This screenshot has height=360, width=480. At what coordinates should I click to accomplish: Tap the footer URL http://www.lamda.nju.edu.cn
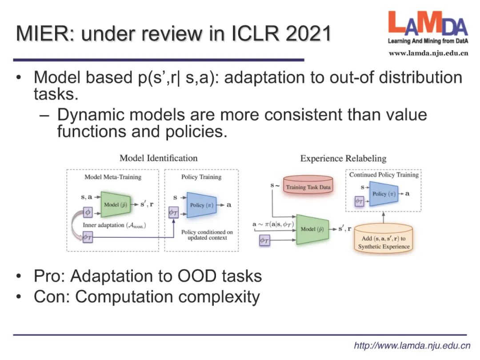click(412, 345)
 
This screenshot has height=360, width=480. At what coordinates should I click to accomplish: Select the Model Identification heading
click(159, 158)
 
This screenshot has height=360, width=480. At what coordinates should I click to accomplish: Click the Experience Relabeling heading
click(343, 159)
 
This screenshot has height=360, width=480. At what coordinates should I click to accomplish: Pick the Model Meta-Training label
click(113, 177)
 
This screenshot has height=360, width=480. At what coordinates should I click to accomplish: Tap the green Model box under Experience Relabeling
click(312, 229)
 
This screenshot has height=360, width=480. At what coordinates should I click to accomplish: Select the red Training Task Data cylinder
click(308, 186)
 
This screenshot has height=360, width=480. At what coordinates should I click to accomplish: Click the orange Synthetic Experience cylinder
click(384, 242)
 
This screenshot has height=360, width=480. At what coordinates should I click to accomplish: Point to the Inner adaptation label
click(115, 225)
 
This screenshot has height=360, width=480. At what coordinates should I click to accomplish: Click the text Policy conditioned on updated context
click(207, 235)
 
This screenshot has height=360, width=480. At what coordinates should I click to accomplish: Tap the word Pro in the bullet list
click(47, 276)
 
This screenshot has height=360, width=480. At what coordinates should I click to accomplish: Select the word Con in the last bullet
click(48, 297)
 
